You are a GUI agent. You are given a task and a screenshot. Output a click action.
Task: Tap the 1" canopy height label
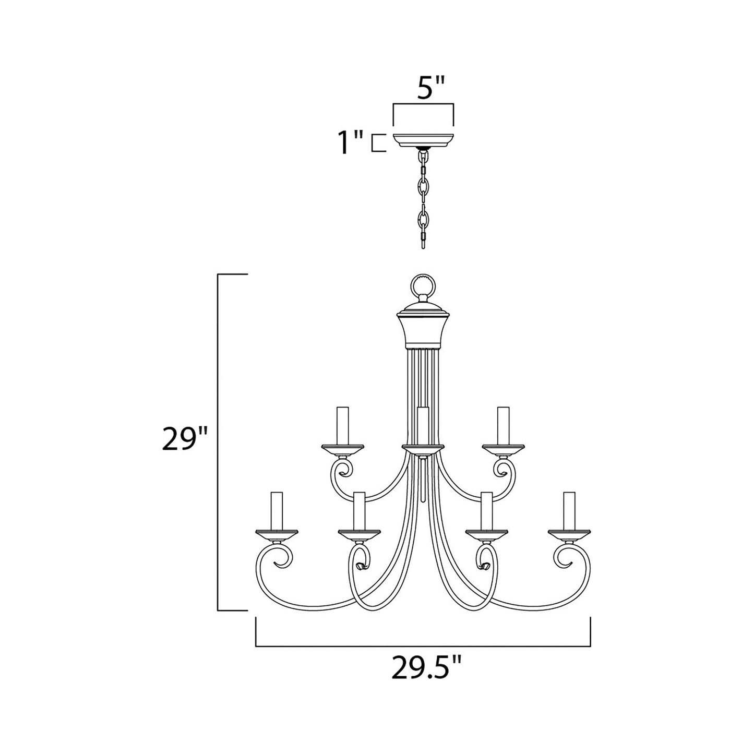(x=350, y=143)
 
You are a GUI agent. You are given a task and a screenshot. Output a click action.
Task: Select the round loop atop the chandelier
(x=423, y=286)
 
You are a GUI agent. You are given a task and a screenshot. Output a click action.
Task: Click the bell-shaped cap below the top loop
(x=423, y=329)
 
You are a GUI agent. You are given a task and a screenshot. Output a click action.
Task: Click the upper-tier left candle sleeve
(x=343, y=425)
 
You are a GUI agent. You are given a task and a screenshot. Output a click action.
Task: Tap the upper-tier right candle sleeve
(x=503, y=425)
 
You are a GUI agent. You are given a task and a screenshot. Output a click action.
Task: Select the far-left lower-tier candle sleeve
(x=276, y=510)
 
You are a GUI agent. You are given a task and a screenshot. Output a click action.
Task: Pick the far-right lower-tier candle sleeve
(x=569, y=510)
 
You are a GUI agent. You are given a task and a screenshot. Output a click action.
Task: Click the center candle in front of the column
(x=423, y=425)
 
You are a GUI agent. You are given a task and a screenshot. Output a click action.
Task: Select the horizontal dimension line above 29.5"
(x=423, y=647)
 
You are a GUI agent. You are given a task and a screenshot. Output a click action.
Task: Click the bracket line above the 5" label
(x=423, y=105)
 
